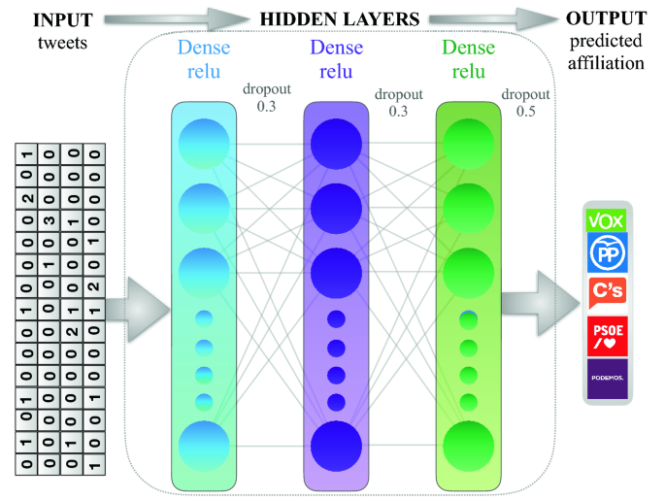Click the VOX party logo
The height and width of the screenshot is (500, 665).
606,220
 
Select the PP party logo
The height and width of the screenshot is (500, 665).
606,254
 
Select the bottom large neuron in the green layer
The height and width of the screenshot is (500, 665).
469,446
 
